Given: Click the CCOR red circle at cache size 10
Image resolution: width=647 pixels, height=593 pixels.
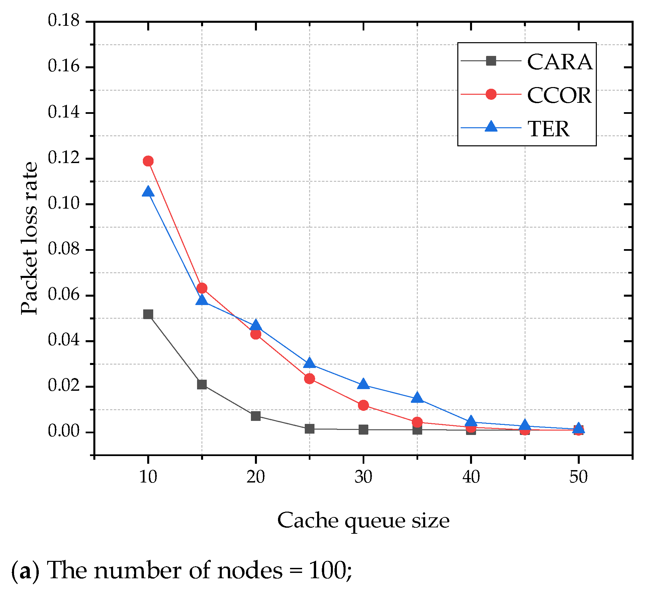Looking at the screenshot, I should [148, 161].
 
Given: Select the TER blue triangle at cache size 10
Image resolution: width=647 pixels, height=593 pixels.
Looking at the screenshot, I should [148, 192].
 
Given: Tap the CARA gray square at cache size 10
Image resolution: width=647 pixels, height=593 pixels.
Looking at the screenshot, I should [148, 314].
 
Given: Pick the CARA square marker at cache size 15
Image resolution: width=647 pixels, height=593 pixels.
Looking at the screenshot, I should [202, 384].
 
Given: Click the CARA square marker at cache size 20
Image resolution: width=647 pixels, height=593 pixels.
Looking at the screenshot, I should [256, 416].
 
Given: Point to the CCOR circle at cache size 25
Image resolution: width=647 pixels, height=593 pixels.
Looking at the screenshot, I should [309, 378].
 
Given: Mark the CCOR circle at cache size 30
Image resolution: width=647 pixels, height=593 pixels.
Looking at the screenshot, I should [363, 405].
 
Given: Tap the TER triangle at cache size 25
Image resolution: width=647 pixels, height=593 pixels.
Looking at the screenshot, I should [309, 363].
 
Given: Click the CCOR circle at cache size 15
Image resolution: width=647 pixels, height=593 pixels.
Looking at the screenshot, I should [202, 288].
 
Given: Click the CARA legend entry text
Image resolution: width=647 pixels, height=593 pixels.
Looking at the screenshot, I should [559, 62].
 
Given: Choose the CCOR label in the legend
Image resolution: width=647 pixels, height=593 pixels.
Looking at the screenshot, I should [559, 95].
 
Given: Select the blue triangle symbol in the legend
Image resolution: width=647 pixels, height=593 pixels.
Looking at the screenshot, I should [491, 127].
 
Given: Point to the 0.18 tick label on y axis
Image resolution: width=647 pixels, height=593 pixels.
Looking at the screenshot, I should [64, 21].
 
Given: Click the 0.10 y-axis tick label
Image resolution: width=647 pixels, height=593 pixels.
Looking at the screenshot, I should [64, 204].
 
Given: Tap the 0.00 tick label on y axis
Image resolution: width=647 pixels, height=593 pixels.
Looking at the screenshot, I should [64, 432].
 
